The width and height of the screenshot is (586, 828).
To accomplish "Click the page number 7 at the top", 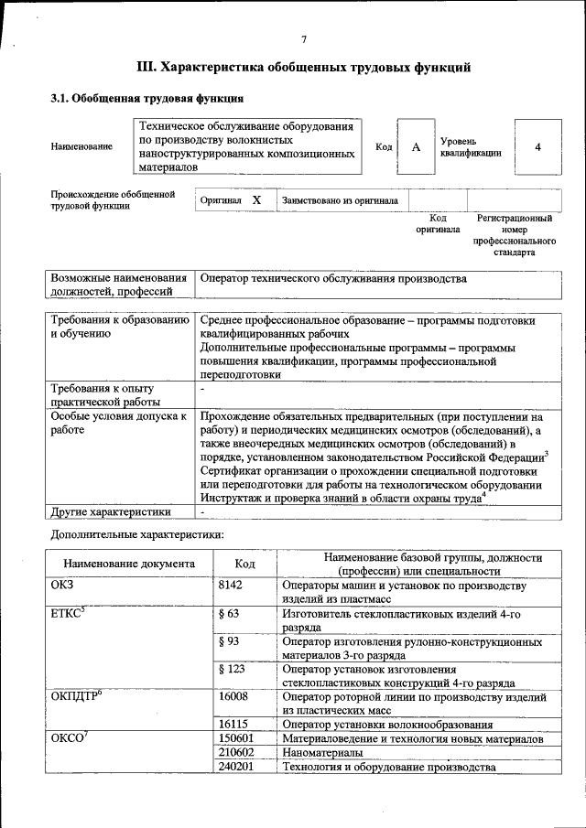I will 303,38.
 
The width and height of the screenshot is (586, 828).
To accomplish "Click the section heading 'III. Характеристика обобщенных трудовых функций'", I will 303,67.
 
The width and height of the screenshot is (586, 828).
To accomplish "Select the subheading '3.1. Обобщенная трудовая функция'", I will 146,98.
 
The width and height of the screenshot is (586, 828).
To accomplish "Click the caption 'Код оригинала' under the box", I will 438,224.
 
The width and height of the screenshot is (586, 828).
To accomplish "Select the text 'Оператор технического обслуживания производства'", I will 333,278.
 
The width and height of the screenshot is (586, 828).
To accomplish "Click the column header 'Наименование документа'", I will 129,565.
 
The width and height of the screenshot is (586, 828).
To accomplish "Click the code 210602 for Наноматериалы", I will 237,752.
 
